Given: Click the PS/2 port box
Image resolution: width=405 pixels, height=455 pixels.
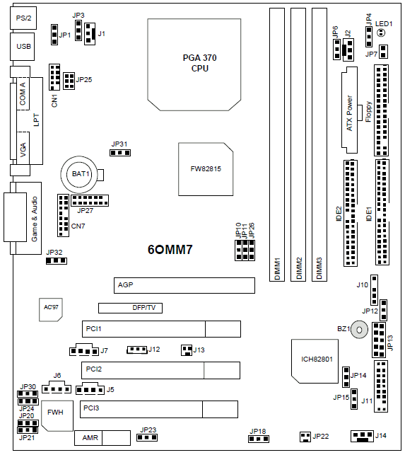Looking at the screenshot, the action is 23,18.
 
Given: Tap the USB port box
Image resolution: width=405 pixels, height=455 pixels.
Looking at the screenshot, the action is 23,47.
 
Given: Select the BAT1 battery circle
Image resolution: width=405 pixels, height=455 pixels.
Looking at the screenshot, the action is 79,174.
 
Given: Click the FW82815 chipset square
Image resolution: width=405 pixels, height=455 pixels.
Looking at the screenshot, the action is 206,169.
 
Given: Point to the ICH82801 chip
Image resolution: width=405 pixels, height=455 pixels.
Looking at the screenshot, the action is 315,361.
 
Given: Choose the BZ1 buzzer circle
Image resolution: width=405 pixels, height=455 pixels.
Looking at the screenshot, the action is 359,330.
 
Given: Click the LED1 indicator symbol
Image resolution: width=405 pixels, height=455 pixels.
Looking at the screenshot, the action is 381,33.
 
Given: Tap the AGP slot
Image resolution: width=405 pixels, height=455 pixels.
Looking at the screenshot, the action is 184,285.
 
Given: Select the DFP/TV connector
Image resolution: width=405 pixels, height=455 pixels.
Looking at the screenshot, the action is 130,308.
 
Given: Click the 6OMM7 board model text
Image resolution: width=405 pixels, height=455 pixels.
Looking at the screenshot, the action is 170,250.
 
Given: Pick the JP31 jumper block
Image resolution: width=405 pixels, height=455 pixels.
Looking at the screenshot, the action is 120,153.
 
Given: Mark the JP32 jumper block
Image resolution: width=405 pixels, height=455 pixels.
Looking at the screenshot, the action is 57,260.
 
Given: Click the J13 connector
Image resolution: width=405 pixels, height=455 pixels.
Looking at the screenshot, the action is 187,350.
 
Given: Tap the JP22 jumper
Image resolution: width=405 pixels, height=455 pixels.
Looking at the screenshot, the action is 305,437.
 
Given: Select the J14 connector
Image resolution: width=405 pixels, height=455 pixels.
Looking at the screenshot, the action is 362,436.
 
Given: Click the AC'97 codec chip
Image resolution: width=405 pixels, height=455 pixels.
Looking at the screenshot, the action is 51,310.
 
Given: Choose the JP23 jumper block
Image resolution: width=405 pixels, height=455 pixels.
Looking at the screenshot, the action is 147,437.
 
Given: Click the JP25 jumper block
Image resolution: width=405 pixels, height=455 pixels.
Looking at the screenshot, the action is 69,81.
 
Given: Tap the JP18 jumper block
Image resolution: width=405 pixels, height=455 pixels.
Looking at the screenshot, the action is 259,439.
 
